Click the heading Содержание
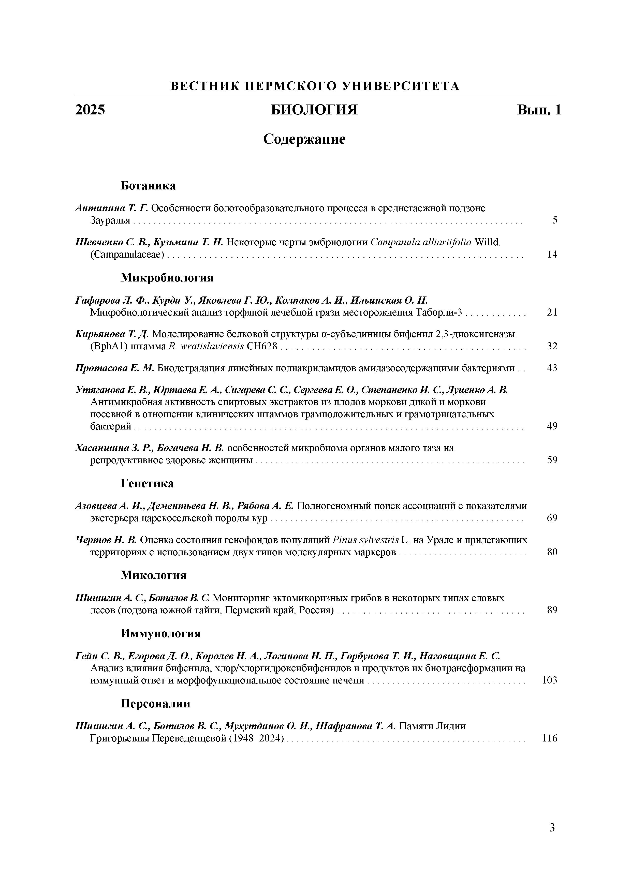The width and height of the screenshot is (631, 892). [x=304, y=139]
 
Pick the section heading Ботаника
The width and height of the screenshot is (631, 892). [x=148, y=186]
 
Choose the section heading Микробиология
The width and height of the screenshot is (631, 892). [x=167, y=277]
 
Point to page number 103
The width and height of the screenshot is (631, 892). [x=549, y=680]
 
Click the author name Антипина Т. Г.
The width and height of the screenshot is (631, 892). [x=111, y=208]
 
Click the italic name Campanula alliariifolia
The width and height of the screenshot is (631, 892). [x=421, y=242]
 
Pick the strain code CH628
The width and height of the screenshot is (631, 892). [x=262, y=346]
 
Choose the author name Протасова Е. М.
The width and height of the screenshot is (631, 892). [x=115, y=368]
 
